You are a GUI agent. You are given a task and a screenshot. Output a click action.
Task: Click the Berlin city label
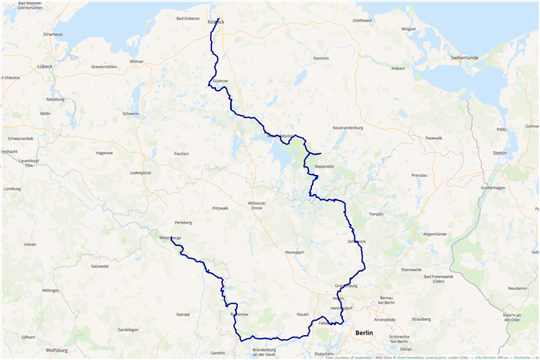[363, 333]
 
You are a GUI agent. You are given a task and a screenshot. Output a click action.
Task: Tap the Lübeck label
[45, 66]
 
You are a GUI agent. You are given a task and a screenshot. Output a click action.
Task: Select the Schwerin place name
[130, 113]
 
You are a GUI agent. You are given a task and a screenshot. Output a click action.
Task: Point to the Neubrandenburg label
[348, 127]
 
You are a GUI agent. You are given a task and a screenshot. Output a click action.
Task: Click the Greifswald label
[362, 20]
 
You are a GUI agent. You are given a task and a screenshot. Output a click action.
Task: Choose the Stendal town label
[182, 314]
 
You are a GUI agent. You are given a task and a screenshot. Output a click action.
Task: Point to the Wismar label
[137, 61]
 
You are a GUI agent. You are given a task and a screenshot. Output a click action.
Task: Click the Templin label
[376, 213]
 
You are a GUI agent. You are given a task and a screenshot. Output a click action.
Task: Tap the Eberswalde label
[410, 269]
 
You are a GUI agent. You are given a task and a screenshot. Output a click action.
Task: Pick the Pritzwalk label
[221, 208]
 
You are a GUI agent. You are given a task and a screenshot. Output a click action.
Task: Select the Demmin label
[321, 58]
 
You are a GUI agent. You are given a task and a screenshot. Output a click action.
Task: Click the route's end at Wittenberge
[171, 237]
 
